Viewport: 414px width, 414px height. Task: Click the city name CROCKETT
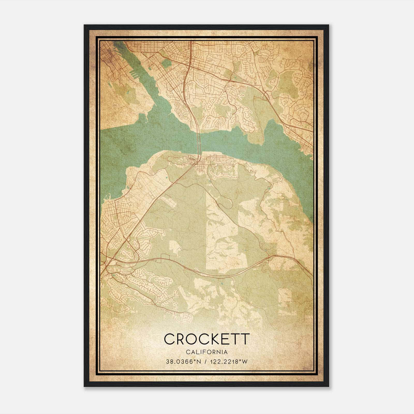pyautogui.click(x=207, y=339)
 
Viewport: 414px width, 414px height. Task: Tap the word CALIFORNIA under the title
pyautogui.click(x=207, y=352)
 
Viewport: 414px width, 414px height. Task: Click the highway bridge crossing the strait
pyautogui.click(x=199, y=141)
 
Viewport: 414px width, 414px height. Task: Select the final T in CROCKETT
pyautogui.click(x=245, y=339)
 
